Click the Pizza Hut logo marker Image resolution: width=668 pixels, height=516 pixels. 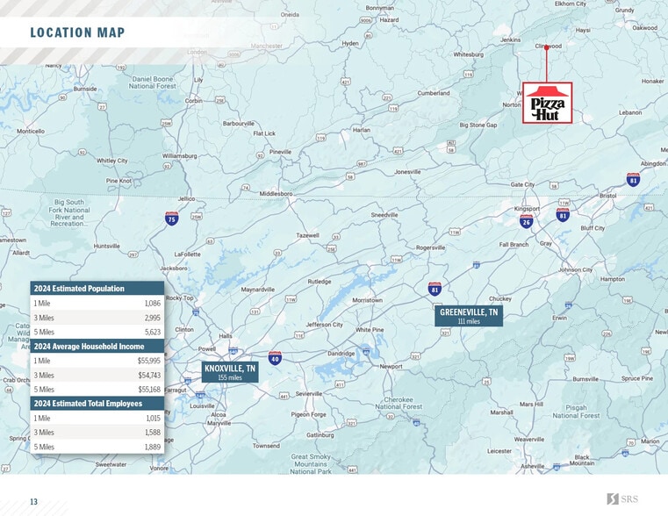pos(547,103)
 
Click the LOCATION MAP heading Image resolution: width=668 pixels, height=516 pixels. pos(77,33)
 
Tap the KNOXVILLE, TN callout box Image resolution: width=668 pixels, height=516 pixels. pos(230,372)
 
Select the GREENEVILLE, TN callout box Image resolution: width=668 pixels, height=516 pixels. pos(469,316)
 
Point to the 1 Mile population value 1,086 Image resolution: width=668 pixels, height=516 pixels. pos(152,303)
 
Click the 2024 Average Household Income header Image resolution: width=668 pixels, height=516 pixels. pos(89,347)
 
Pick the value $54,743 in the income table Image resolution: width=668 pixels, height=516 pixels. pos(149,375)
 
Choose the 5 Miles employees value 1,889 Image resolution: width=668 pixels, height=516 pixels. pos(152,447)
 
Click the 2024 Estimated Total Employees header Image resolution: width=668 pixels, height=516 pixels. pos(90,404)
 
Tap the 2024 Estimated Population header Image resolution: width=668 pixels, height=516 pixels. pos(79,289)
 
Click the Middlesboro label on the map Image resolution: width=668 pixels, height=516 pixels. pos(276,194)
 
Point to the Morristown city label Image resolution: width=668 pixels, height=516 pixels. pos(367,300)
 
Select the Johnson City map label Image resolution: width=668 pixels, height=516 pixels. pos(576,270)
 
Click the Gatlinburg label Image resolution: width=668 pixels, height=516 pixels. pos(320,435)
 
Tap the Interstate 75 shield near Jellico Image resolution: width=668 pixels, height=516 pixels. pos(172,218)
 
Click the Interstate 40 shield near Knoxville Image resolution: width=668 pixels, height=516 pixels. pos(275,358)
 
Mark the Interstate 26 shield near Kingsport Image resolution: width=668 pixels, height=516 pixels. pos(526,222)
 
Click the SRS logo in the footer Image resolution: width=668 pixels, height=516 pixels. pos(624,499)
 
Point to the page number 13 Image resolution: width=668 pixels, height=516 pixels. pos(33,502)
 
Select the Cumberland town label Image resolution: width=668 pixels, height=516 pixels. pos(433,93)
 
